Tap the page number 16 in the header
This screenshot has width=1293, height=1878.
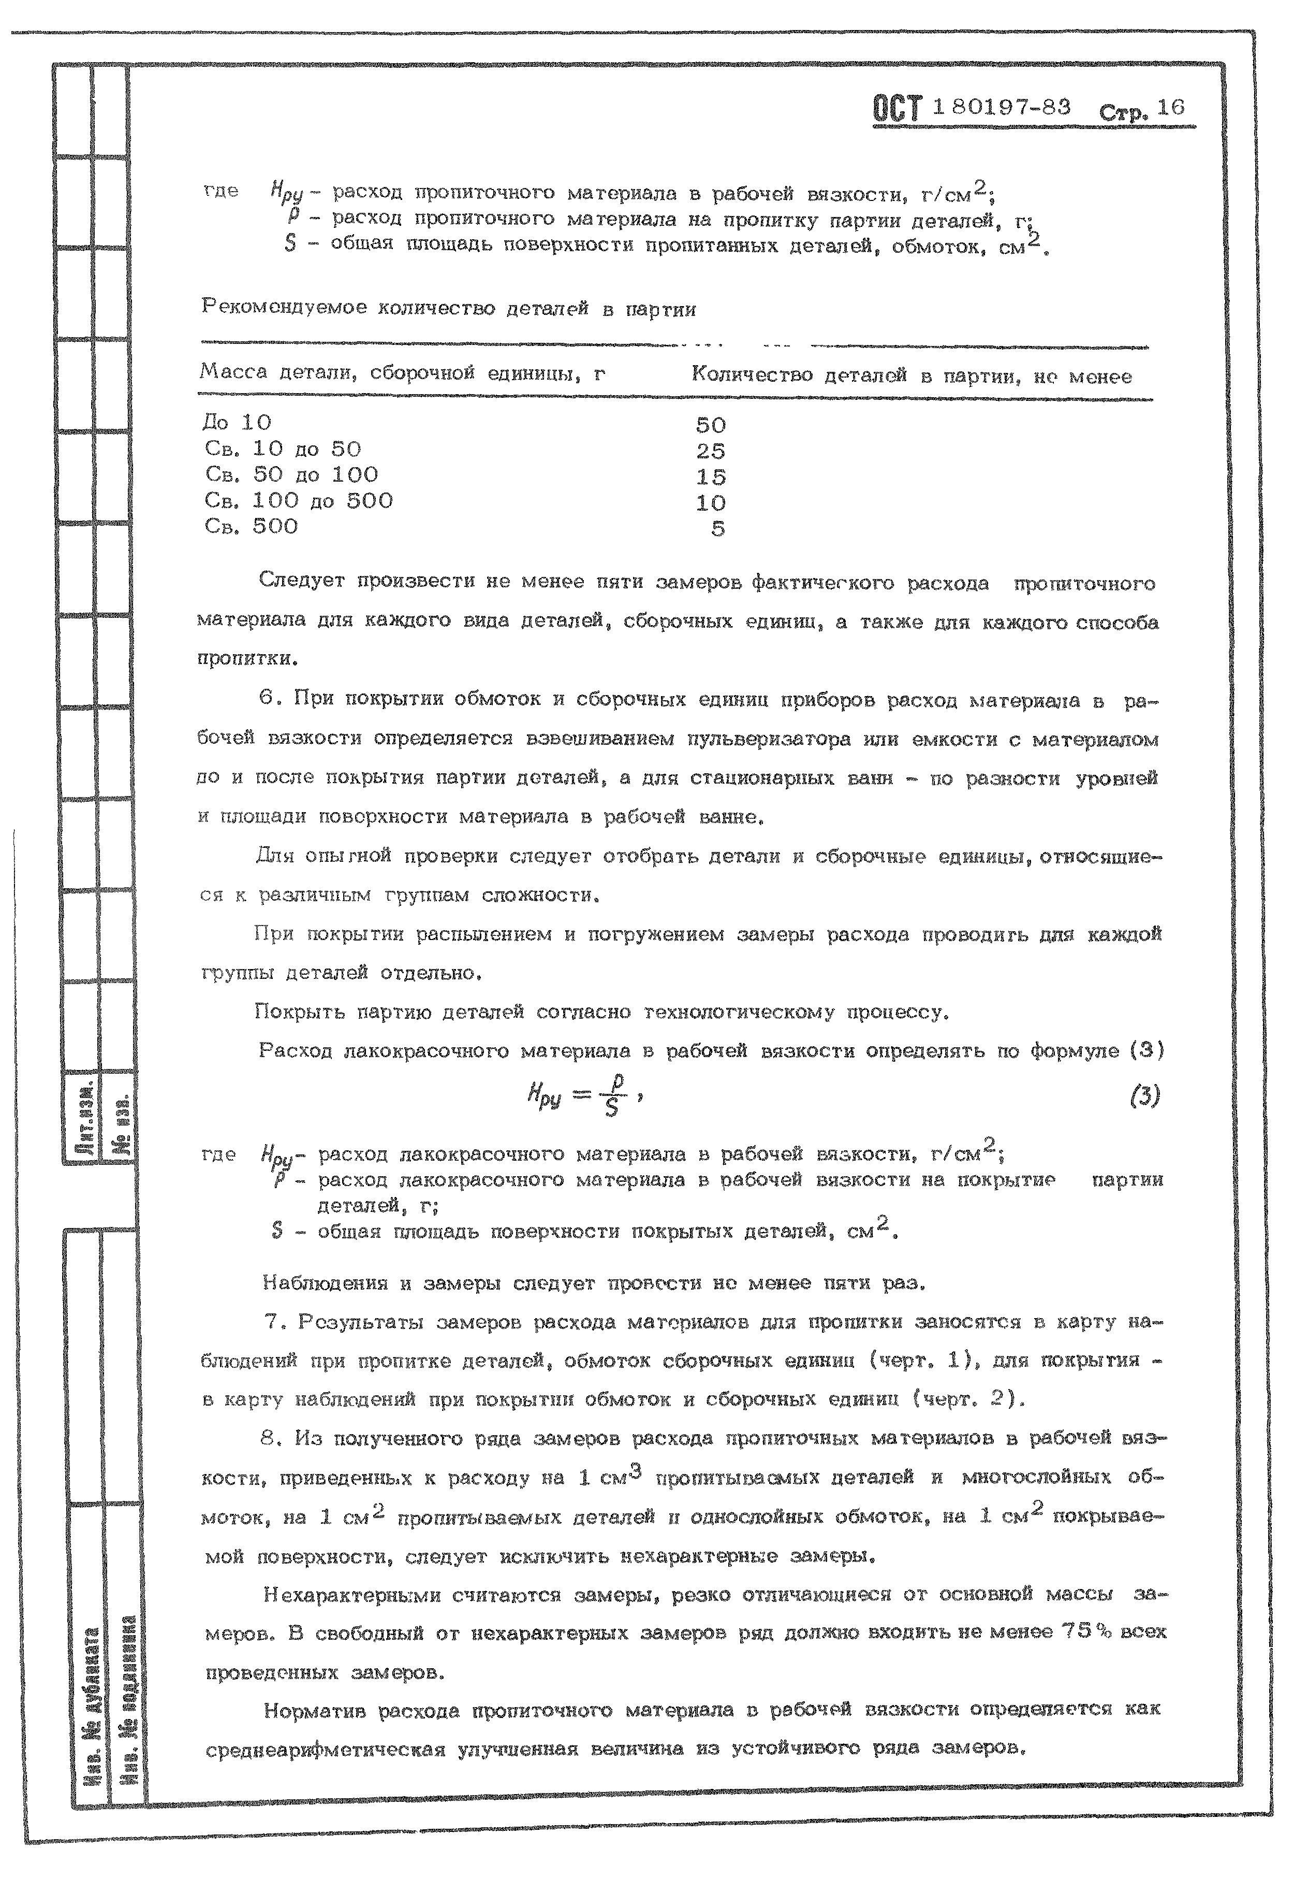point(1171,108)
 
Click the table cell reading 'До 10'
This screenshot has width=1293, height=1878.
point(237,422)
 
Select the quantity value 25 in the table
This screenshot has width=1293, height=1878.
point(711,451)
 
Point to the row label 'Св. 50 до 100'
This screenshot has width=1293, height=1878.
point(291,475)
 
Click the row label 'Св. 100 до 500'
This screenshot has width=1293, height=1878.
point(299,501)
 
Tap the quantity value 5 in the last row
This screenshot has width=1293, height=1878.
point(718,528)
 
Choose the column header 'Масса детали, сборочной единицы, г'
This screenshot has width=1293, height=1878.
point(403,373)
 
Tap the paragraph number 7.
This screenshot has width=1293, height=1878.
point(273,1322)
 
